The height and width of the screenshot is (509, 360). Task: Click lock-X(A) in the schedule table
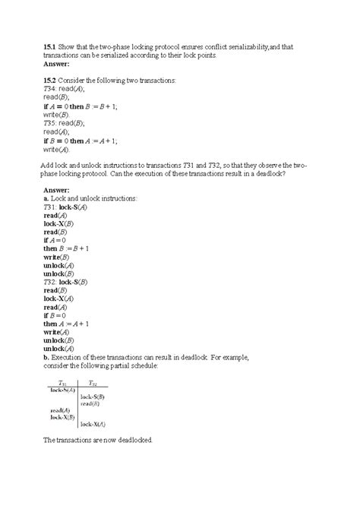93,424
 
